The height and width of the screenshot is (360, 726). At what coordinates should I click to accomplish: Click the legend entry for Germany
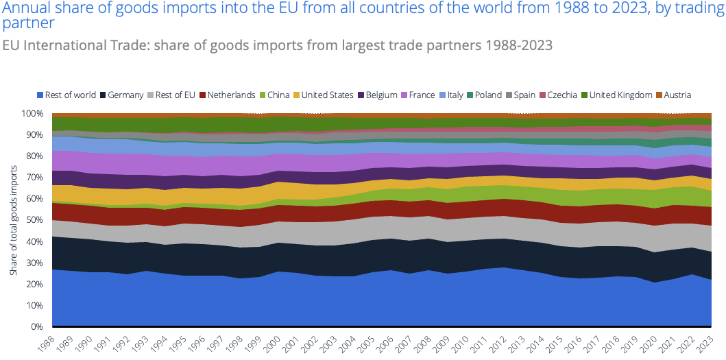(x=125, y=95)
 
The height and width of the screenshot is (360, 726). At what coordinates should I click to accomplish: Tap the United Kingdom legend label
(x=620, y=95)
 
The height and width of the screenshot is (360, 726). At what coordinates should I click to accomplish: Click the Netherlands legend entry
(x=231, y=95)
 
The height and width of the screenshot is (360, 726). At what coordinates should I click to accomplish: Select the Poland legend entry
(x=488, y=95)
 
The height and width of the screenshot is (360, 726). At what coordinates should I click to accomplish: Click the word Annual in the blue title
(x=25, y=9)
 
